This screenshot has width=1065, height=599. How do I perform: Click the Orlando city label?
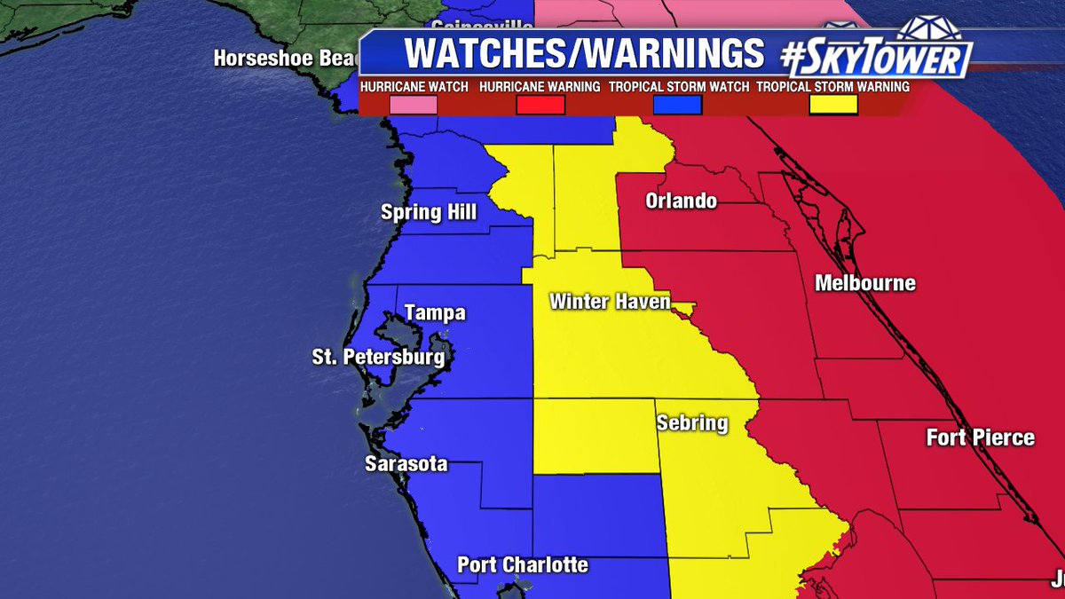pyautogui.click(x=681, y=201)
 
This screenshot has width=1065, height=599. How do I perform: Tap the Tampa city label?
pyautogui.click(x=435, y=313)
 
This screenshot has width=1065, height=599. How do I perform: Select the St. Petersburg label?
pyautogui.click(x=377, y=358)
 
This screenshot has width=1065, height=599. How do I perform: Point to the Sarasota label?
pyautogui.click(x=406, y=463)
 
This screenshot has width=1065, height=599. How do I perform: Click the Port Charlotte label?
pyautogui.click(x=523, y=564)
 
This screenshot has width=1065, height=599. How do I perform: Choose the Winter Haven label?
pyautogui.click(x=610, y=301)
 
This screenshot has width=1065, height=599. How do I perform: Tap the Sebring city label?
pyautogui.click(x=692, y=422)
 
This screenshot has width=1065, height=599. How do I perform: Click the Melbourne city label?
pyautogui.click(x=865, y=284)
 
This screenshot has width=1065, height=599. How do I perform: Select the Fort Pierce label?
pyautogui.click(x=981, y=437)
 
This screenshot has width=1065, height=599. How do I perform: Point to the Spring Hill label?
pyautogui.click(x=429, y=212)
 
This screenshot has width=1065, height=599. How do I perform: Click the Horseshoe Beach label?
pyautogui.click(x=284, y=59)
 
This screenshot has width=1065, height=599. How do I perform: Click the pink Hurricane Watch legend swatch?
pyautogui.click(x=413, y=105)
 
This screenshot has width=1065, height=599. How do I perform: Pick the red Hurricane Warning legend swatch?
pyautogui.click(x=540, y=105)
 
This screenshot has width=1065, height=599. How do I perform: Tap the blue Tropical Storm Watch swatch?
pyautogui.click(x=677, y=105)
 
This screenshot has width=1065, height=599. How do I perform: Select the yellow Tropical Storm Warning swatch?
pyautogui.click(x=832, y=105)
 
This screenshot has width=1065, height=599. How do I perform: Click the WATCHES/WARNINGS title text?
pyautogui.click(x=584, y=54)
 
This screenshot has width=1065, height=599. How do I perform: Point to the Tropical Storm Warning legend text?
pyautogui.click(x=832, y=87)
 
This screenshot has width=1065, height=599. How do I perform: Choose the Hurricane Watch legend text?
pyautogui.click(x=412, y=87)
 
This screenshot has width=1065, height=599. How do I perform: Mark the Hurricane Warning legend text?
pyautogui.click(x=540, y=87)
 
